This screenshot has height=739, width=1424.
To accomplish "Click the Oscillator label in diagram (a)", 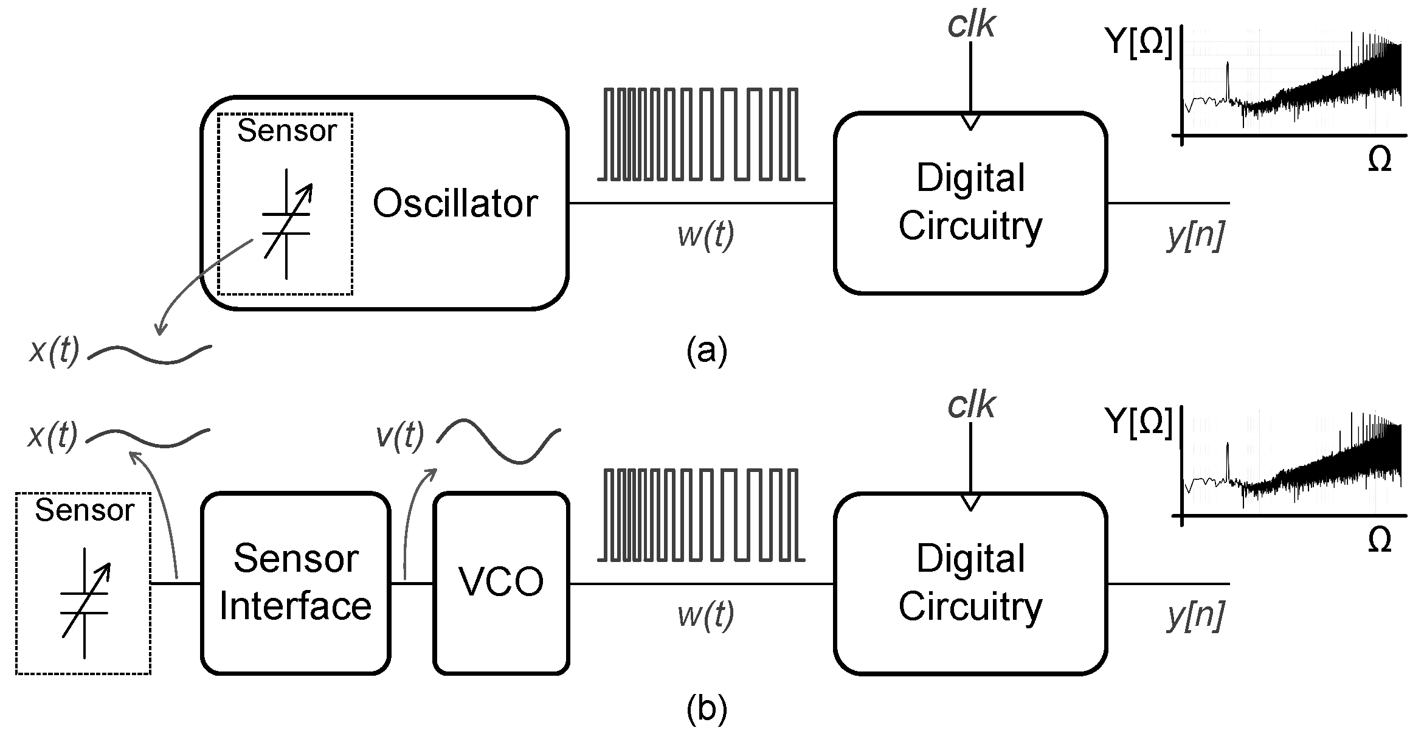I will click(455, 203).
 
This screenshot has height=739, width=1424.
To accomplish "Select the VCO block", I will click(502, 583).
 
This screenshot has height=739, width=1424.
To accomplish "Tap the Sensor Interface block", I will click(296, 583).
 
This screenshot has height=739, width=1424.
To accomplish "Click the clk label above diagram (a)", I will click(971, 26).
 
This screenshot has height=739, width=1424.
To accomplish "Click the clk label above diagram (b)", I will click(971, 406).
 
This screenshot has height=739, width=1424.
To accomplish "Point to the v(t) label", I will click(399, 435).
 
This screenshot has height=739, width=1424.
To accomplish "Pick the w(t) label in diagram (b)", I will click(706, 615).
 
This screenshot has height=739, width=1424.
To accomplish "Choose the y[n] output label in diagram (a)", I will click(1195, 235).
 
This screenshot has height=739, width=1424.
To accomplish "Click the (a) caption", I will click(707, 351).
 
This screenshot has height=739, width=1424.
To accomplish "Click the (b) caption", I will click(707, 709).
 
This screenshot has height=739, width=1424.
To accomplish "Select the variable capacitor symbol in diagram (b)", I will click(85, 603).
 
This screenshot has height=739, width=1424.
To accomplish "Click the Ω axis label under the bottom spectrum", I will click(1379, 540).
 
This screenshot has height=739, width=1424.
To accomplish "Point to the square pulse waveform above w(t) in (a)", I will click(701, 134).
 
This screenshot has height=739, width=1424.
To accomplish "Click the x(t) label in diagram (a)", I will click(54, 351).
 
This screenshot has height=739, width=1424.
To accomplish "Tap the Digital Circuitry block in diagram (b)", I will click(970, 583).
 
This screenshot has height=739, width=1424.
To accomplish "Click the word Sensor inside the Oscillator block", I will click(287, 131).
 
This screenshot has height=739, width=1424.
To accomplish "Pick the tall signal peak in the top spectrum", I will click(1228, 76).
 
